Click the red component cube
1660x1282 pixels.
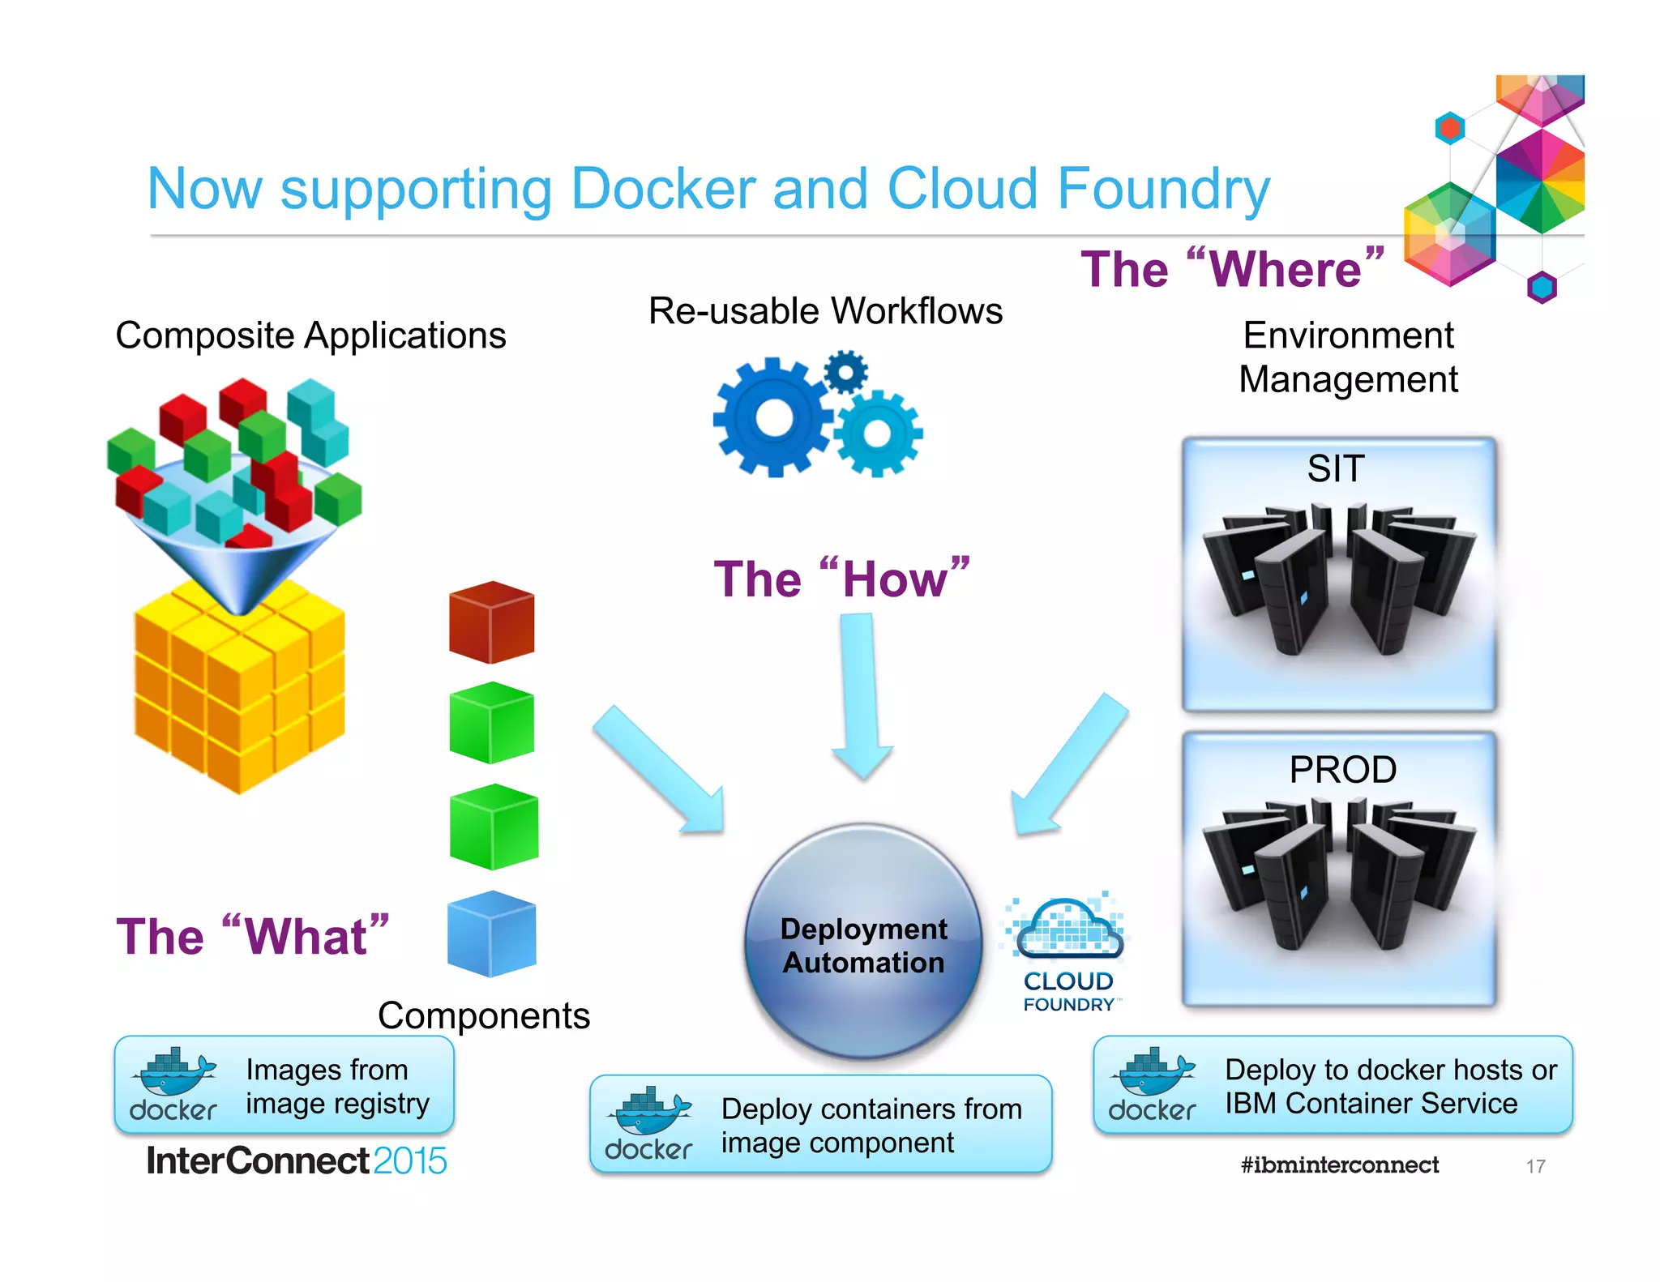pyautogui.click(x=492, y=622)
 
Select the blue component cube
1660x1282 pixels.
pyautogui.click(x=492, y=934)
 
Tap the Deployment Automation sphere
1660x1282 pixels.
pyautogui.click(x=864, y=942)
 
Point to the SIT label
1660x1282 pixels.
pyautogui.click(x=1336, y=468)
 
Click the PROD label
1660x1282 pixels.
pyautogui.click(x=1343, y=769)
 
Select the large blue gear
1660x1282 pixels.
pyautogui.click(x=773, y=418)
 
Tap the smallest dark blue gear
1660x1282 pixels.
pyautogui.click(x=845, y=372)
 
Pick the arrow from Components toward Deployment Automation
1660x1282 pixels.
pyautogui.click(x=661, y=771)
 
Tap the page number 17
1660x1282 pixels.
pyautogui.click(x=1535, y=1166)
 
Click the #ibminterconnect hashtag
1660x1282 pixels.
pyautogui.click(x=1340, y=1164)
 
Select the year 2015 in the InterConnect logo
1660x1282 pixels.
pyautogui.click(x=410, y=1161)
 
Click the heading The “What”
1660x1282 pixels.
pyautogui.click(x=252, y=936)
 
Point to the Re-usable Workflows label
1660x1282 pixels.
pyautogui.click(x=825, y=311)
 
